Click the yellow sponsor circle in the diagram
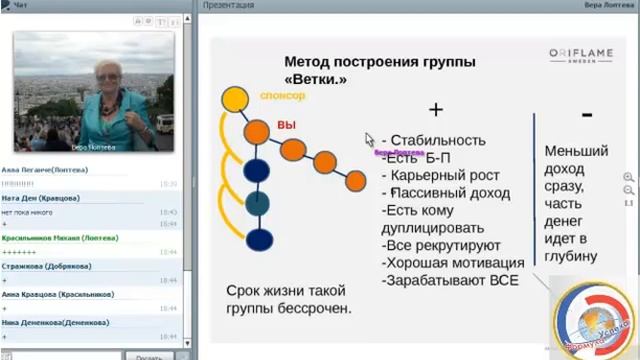click(x=234, y=99)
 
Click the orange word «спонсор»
click(x=282, y=96)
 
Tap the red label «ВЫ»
click(x=287, y=126)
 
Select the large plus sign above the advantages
click(x=435, y=109)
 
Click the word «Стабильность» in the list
click(x=438, y=140)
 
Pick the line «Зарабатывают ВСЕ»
click(x=450, y=281)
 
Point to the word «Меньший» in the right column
click(x=576, y=151)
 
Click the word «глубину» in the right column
click(x=571, y=256)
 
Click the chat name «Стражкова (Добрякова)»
click(x=47, y=266)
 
